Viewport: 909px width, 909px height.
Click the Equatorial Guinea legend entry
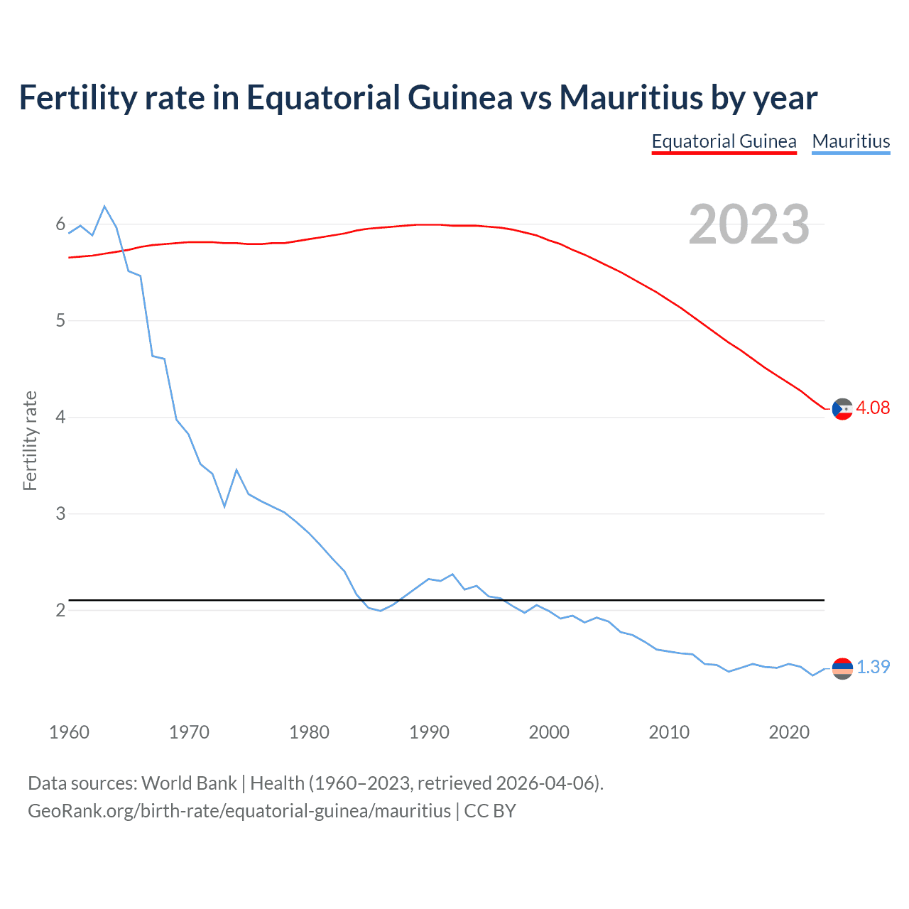point(724,141)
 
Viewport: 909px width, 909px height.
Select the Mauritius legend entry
point(851,141)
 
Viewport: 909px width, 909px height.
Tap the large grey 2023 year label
point(749,224)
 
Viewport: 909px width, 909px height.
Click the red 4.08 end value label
point(873,408)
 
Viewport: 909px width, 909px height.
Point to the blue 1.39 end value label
point(873,667)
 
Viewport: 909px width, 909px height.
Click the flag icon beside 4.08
point(842,409)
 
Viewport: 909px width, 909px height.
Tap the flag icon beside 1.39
point(842,668)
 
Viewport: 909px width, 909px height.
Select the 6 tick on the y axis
point(60,224)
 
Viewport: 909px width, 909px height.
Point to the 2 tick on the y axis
point(60,610)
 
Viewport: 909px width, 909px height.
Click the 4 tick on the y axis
point(60,417)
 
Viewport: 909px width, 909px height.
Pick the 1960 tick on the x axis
point(69,732)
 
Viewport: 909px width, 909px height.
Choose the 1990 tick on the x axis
point(429,732)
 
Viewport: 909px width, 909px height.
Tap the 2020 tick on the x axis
point(789,732)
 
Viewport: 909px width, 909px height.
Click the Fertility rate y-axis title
point(30,440)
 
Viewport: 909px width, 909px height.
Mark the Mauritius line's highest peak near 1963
point(104,207)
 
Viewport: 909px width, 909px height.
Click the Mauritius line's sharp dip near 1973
point(224,506)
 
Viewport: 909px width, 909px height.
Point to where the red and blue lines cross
point(122,251)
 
